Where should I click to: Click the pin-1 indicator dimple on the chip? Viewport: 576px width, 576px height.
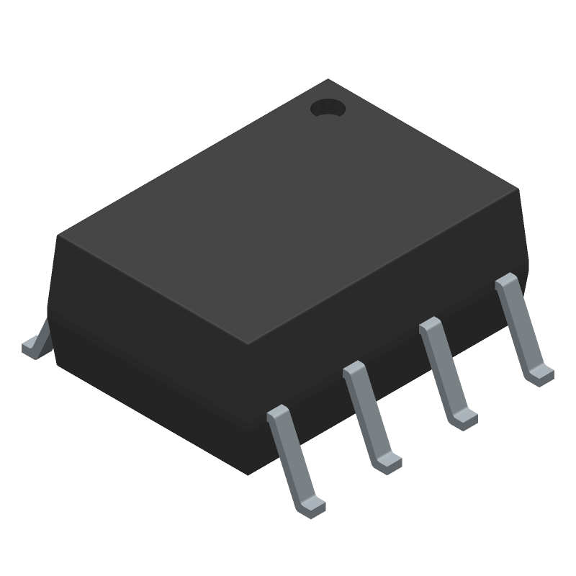tap(328, 109)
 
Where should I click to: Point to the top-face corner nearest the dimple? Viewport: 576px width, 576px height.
tap(328, 80)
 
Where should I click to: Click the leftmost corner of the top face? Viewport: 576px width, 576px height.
tap(59, 235)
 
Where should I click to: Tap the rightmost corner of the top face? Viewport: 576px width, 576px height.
tap(518, 189)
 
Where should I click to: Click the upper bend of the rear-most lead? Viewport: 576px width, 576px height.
tap(507, 281)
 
